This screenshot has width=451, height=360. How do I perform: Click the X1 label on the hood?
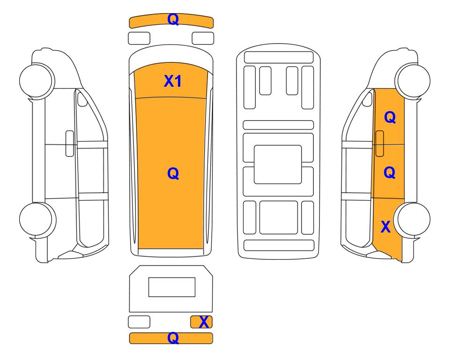[x=172, y=81]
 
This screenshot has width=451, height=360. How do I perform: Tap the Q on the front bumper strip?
[x=173, y=20]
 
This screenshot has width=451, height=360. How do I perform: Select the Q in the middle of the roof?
[x=173, y=173]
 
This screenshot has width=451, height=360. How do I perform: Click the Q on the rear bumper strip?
[x=173, y=338]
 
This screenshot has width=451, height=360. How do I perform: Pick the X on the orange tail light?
[x=204, y=322]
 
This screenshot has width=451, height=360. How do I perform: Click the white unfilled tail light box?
[x=139, y=322]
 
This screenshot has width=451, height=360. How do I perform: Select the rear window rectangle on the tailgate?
[x=172, y=287]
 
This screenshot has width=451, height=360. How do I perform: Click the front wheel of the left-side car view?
[x=37, y=80]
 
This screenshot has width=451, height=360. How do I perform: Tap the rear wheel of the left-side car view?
[x=37, y=219]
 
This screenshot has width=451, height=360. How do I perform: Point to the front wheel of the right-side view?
[x=413, y=80]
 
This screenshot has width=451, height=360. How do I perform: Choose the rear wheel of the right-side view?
[x=412, y=219]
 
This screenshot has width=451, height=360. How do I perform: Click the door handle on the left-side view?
[x=70, y=143]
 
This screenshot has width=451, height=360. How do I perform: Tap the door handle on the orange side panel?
[x=380, y=143]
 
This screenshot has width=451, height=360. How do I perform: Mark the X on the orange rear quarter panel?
[x=385, y=227]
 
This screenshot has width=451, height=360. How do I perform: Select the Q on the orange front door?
[x=390, y=117]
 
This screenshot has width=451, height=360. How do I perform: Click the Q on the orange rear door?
[x=390, y=172]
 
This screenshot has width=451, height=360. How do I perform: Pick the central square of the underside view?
[x=278, y=165]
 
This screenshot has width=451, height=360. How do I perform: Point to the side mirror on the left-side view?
[x=82, y=99]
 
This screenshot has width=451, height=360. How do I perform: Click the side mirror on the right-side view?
[x=367, y=99]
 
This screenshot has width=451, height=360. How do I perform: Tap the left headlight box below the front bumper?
[x=139, y=38]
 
